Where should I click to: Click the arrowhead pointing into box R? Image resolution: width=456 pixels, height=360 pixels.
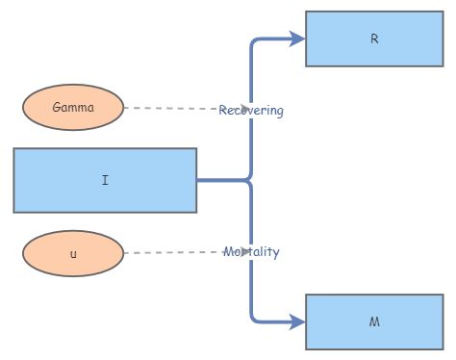[298, 39]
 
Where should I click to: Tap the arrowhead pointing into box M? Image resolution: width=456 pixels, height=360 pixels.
[298, 321]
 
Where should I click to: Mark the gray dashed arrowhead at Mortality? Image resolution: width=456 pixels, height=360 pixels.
[245, 252]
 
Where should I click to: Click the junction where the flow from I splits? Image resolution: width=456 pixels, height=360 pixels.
[250, 180]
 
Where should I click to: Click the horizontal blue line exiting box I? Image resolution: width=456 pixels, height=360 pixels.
[221, 180]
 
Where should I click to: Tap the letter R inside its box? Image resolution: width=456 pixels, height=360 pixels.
[374, 39]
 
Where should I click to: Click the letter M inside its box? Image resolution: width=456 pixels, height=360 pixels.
[374, 321]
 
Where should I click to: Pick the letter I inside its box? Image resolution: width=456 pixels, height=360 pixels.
[105, 180]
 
